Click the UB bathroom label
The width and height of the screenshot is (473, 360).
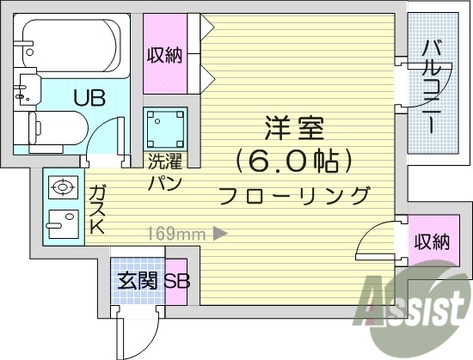(89, 97)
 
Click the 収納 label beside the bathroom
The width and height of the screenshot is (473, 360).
(164, 55)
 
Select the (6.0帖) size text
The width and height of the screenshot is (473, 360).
(294, 160)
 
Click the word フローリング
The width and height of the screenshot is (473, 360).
(294, 195)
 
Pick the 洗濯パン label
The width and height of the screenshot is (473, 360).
(163, 171)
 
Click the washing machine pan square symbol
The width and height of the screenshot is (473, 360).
(164, 129)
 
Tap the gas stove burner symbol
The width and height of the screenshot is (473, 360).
(62, 186)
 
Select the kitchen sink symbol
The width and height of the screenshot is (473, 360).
(62, 224)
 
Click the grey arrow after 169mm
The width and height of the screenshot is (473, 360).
(220, 231)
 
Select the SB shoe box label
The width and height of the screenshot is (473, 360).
(176, 281)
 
